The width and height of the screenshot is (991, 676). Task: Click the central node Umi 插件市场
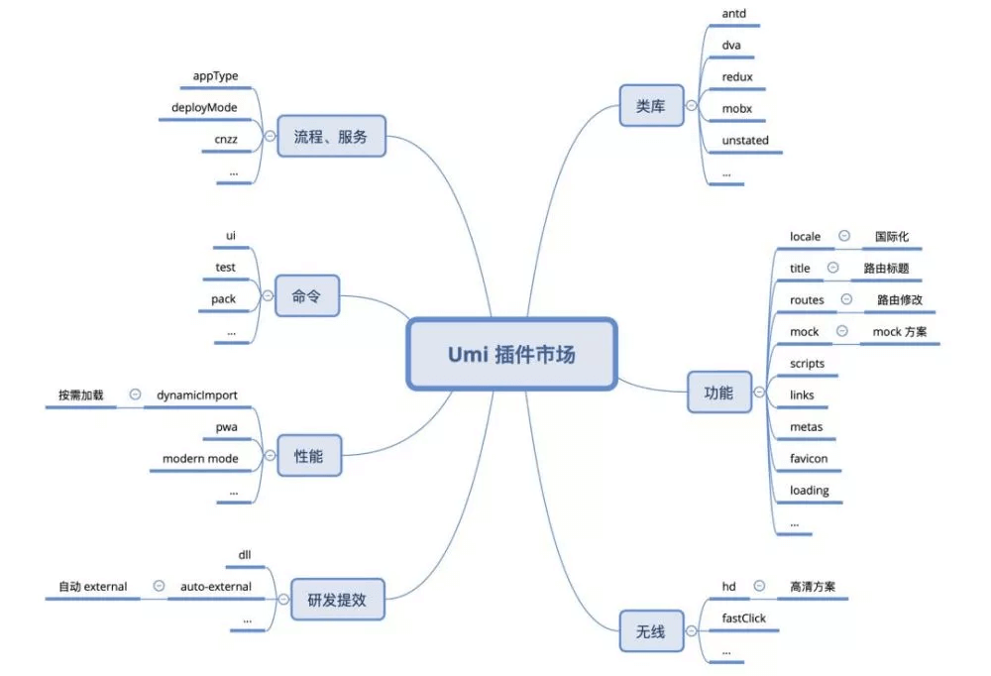click(511, 354)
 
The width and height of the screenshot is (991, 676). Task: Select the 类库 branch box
click(651, 106)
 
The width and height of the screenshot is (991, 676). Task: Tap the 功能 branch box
click(719, 393)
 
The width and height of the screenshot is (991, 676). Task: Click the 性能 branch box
click(307, 457)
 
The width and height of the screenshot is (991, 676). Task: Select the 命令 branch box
click(307, 295)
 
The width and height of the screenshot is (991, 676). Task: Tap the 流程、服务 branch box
click(330, 137)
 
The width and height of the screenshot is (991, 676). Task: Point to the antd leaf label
click(734, 15)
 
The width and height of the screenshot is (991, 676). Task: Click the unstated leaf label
click(745, 141)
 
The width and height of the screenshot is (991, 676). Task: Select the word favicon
click(809, 459)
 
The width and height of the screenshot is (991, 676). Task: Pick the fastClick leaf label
click(744, 619)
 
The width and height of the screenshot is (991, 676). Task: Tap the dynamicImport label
click(197, 394)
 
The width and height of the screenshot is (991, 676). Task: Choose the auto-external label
click(216, 586)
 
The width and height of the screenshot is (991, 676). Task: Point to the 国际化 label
click(892, 237)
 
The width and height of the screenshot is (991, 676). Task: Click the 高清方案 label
click(813, 587)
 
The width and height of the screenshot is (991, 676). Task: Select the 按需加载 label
click(80, 394)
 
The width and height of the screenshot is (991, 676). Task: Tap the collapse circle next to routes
click(846, 299)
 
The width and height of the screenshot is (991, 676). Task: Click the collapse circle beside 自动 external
click(159, 586)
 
